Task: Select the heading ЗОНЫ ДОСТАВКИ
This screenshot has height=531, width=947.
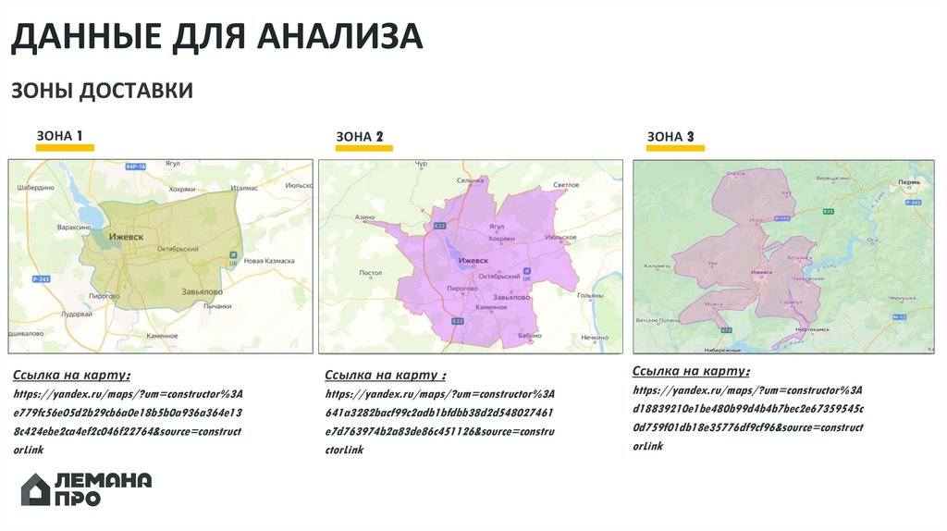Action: coord(102,91)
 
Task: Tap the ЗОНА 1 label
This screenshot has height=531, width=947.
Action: coord(60,136)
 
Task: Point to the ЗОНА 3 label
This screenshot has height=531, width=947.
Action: coord(670,137)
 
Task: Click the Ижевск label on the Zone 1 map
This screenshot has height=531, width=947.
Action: coord(127,237)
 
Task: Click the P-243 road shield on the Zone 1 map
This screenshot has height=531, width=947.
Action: coord(40,278)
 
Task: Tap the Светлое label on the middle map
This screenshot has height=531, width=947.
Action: coord(565,185)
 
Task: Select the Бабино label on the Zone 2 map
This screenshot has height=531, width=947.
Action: coord(530,335)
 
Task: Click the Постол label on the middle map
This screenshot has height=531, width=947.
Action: coord(370,273)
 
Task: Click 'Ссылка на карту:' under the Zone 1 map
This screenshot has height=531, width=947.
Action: coord(71,376)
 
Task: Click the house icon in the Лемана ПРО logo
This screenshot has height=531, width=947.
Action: coord(36,489)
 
